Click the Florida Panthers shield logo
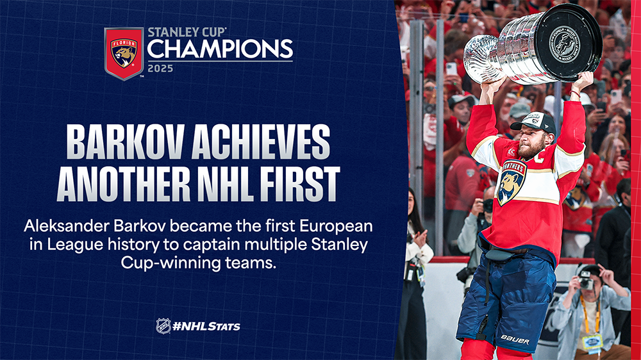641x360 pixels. (124, 54)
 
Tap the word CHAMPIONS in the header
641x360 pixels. (220, 49)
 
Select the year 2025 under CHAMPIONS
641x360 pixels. (160, 69)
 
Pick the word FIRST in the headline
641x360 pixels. (299, 183)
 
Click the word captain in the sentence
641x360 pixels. (210, 244)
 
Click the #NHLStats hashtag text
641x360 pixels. (206, 326)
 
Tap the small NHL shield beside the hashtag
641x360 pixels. (163, 326)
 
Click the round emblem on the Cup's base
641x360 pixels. (565, 44)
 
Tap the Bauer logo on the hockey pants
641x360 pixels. (515, 340)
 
